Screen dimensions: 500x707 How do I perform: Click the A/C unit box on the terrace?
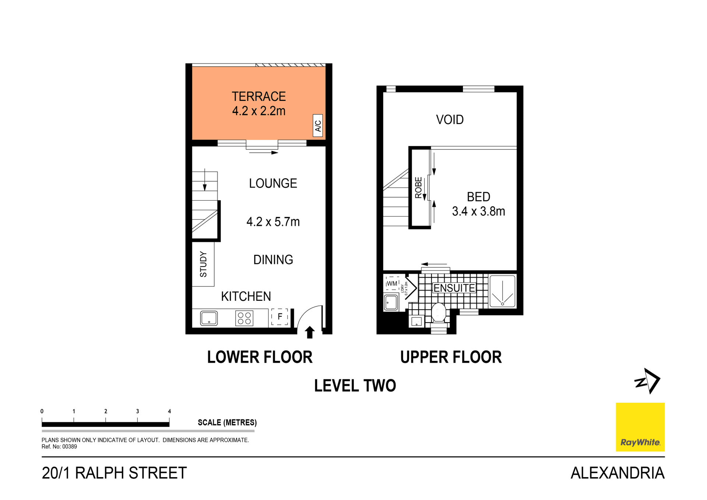pyautogui.click(x=317, y=126)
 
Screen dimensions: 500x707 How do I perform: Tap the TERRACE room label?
pyautogui.click(x=258, y=96)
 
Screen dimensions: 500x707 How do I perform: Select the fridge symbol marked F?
pyautogui.click(x=279, y=317)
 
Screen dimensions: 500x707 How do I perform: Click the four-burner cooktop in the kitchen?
pyautogui.click(x=244, y=318)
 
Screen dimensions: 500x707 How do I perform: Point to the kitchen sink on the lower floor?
pyautogui.click(x=209, y=318)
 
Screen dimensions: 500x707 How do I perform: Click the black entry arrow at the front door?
pyautogui.click(x=310, y=332)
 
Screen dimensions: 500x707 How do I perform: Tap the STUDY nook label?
pyautogui.click(x=203, y=264)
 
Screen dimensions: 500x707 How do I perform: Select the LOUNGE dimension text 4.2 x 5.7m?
pyautogui.click(x=273, y=222)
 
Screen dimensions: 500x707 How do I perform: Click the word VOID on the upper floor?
pyautogui.click(x=450, y=120)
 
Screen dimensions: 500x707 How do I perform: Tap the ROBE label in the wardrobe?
pyautogui.click(x=419, y=187)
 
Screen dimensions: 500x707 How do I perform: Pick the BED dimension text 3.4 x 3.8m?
pyautogui.click(x=478, y=211)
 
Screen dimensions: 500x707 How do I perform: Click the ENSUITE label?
pyautogui.click(x=454, y=288)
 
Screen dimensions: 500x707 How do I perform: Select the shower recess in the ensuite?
pyautogui.click(x=502, y=291)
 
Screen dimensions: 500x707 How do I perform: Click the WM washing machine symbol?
pyautogui.click(x=392, y=284)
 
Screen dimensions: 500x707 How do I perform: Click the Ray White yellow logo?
pyautogui.click(x=640, y=427)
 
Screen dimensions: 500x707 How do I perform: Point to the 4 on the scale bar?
pyautogui.click(x=169, y=411)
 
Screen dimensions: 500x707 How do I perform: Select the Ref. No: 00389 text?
pyautogui.click(x=59, y=447)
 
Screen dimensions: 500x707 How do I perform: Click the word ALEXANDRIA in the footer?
pyautogui.click(x=617, y=473)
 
